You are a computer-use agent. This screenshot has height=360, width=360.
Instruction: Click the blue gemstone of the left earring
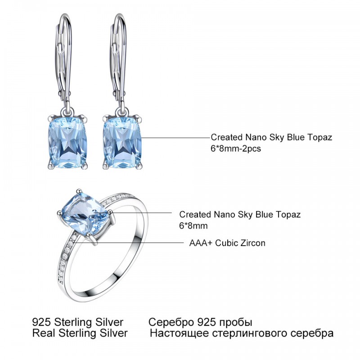pyautogui.click(x=68, y=142)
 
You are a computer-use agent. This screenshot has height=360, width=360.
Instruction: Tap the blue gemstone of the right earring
pyautogui.click(x=122, y=142)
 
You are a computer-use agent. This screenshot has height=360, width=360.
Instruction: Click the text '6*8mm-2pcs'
pyautogui.click(x=236, y=149)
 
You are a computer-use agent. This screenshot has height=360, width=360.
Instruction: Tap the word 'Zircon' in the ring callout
pyautogui.click(x=253, y=243)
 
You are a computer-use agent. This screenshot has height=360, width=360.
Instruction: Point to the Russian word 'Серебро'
pyautogui.click(x=171, y=322)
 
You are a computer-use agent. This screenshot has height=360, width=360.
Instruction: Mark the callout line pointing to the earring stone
pyautogui.click(x=176, y=138)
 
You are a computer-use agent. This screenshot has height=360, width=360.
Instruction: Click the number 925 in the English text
pyautogui.click(x=41, y=322)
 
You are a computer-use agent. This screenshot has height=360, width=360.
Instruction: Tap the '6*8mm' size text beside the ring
pyautogui.click(x=193, y=226)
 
